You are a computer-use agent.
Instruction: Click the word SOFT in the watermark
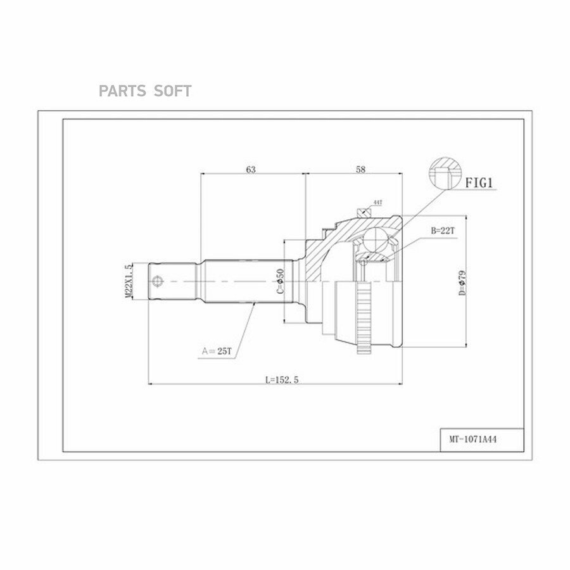click(x=172, y=91)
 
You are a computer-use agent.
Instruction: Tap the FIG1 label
click(x=479, y=184)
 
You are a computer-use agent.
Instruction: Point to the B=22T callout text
click(x=443, y=231)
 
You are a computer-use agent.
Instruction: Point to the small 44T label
click(x=377, y=202)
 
